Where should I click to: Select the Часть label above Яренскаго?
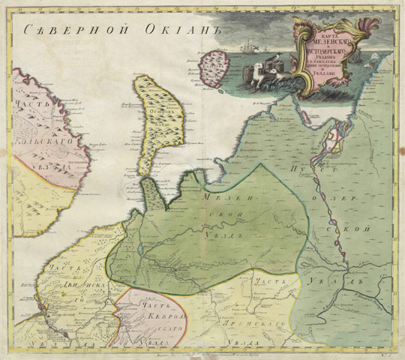point(265,281)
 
